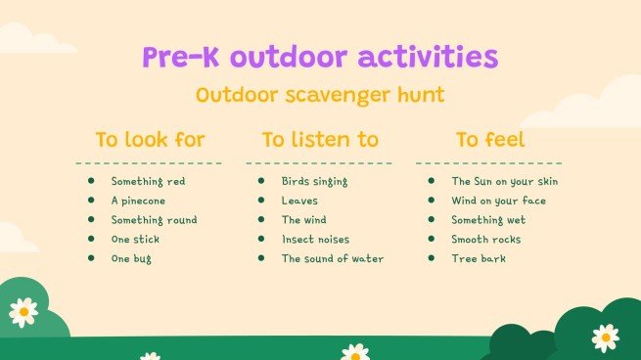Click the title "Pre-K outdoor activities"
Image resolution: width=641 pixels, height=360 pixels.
click(x=320, y=57)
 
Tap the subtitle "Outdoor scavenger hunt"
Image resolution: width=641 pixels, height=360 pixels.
click(x=320, y=95)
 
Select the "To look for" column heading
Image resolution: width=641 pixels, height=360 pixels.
click(x=150, y=139)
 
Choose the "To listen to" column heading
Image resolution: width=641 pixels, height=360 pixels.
click(x=320, y=139)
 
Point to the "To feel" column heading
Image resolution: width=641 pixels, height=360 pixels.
click(x=489, y=139)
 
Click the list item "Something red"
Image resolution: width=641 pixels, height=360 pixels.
click(x=148, y=181)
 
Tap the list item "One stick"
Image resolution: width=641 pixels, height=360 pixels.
click(x=135, y=240)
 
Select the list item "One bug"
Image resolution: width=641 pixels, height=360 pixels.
click(x=131, y=259)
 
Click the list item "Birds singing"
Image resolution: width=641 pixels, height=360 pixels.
click(x=314, y=181)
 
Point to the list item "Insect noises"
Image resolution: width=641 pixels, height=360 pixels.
click(x=315, y=240)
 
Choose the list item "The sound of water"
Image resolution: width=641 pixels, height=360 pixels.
click(x=333, y=259)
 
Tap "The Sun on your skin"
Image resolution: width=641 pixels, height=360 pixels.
click(x=505, y=181)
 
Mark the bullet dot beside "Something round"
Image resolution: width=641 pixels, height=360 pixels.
click(x=91, y=220)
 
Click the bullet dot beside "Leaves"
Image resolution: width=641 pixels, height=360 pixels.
click(x=261, y=201)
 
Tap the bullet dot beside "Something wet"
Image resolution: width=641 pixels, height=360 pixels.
click(x=432, y=220)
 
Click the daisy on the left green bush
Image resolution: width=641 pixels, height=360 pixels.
click(x=23, y=311)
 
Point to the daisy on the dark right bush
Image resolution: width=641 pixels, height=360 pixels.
click(x=605, y=337)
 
